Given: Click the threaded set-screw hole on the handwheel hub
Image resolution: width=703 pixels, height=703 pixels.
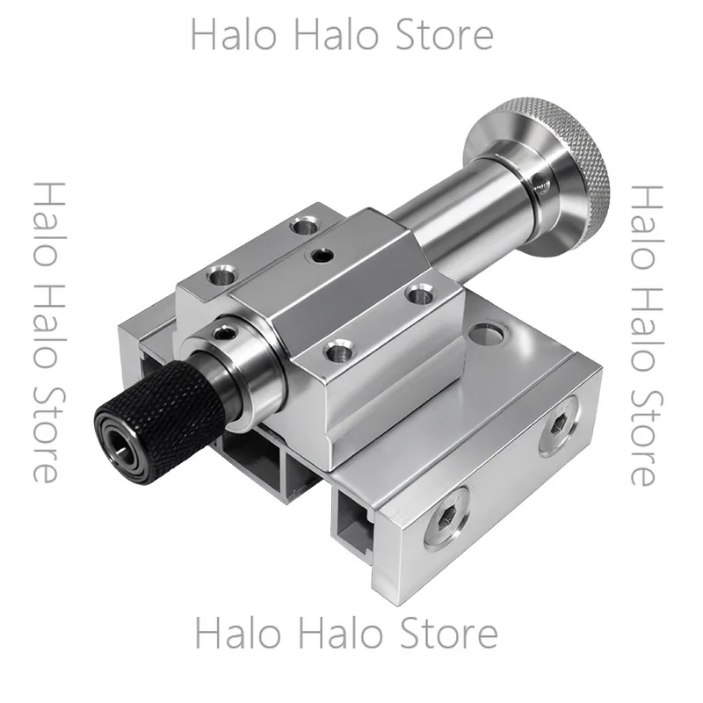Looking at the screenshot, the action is (x=537, y=183).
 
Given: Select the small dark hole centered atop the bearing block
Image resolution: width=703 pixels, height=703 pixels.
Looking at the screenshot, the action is (x=320, y=256).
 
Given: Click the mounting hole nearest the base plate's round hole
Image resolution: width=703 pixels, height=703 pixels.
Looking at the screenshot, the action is (x=418, y=294).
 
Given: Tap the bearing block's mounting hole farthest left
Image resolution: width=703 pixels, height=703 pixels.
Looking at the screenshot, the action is (x=222, y=274).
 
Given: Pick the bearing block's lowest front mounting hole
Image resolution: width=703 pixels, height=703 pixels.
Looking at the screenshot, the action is (x=340, y=350).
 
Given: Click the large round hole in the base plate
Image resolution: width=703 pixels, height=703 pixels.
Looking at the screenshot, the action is (x=487, y=334).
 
